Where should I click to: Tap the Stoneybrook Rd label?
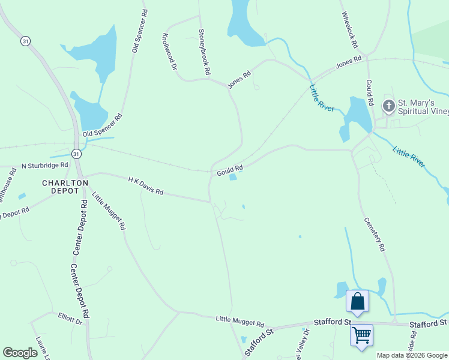204,52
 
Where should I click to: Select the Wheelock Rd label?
349,30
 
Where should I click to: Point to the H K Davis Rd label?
145,185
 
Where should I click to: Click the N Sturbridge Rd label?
45,165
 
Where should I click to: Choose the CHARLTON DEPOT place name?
64,187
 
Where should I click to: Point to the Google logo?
20,353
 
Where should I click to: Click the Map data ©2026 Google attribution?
412,355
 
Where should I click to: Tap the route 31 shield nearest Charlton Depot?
76,154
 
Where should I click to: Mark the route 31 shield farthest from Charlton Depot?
25,41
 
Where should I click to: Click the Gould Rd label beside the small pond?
229,170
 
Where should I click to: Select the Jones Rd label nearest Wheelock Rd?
349,61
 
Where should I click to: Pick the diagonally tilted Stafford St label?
259,340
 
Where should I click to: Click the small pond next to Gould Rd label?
233,177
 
